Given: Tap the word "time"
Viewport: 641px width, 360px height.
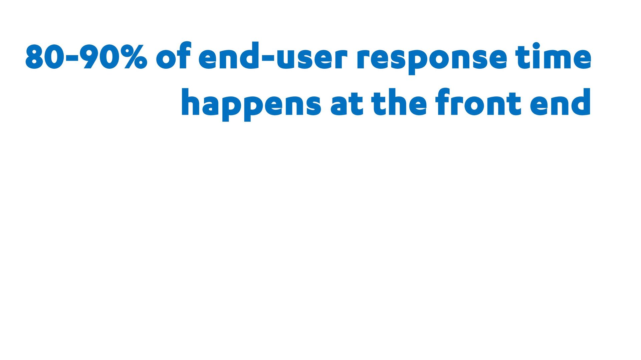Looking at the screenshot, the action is tap(553, 56).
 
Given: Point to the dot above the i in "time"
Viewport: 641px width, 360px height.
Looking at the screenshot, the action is tap(536, 46).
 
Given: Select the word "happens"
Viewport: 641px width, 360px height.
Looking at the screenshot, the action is tap(251, 105).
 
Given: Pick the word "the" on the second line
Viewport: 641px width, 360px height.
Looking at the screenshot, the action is tap(399, 102).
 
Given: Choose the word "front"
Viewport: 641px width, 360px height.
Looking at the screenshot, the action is tap(478, 102).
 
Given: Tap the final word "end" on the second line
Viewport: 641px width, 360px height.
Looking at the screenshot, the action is tap(561, 102).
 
